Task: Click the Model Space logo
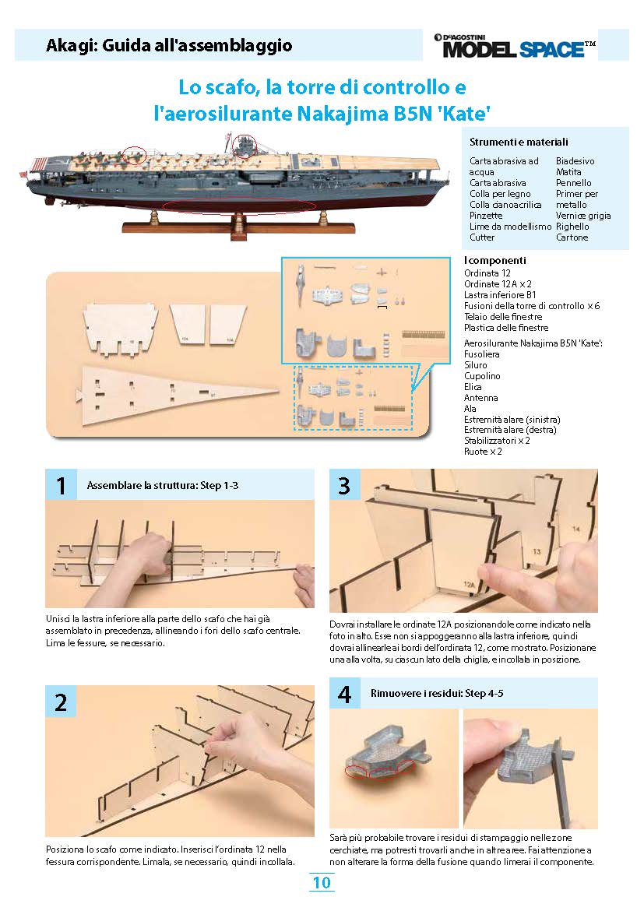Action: point(514,46)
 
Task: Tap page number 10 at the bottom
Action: point(322,882)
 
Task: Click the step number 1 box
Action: point(61,486)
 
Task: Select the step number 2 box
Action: point(61,702)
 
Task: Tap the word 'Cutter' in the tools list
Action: point(482,237)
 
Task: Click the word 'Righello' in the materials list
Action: point(572,227)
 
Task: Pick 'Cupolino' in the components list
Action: point(482,376)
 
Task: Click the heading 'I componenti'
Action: point(494,260)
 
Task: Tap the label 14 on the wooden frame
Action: point(576,529)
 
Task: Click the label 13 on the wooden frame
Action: point(537,550)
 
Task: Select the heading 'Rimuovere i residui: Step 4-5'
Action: point(437,693)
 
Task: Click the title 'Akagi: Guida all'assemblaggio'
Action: point(169,46)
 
